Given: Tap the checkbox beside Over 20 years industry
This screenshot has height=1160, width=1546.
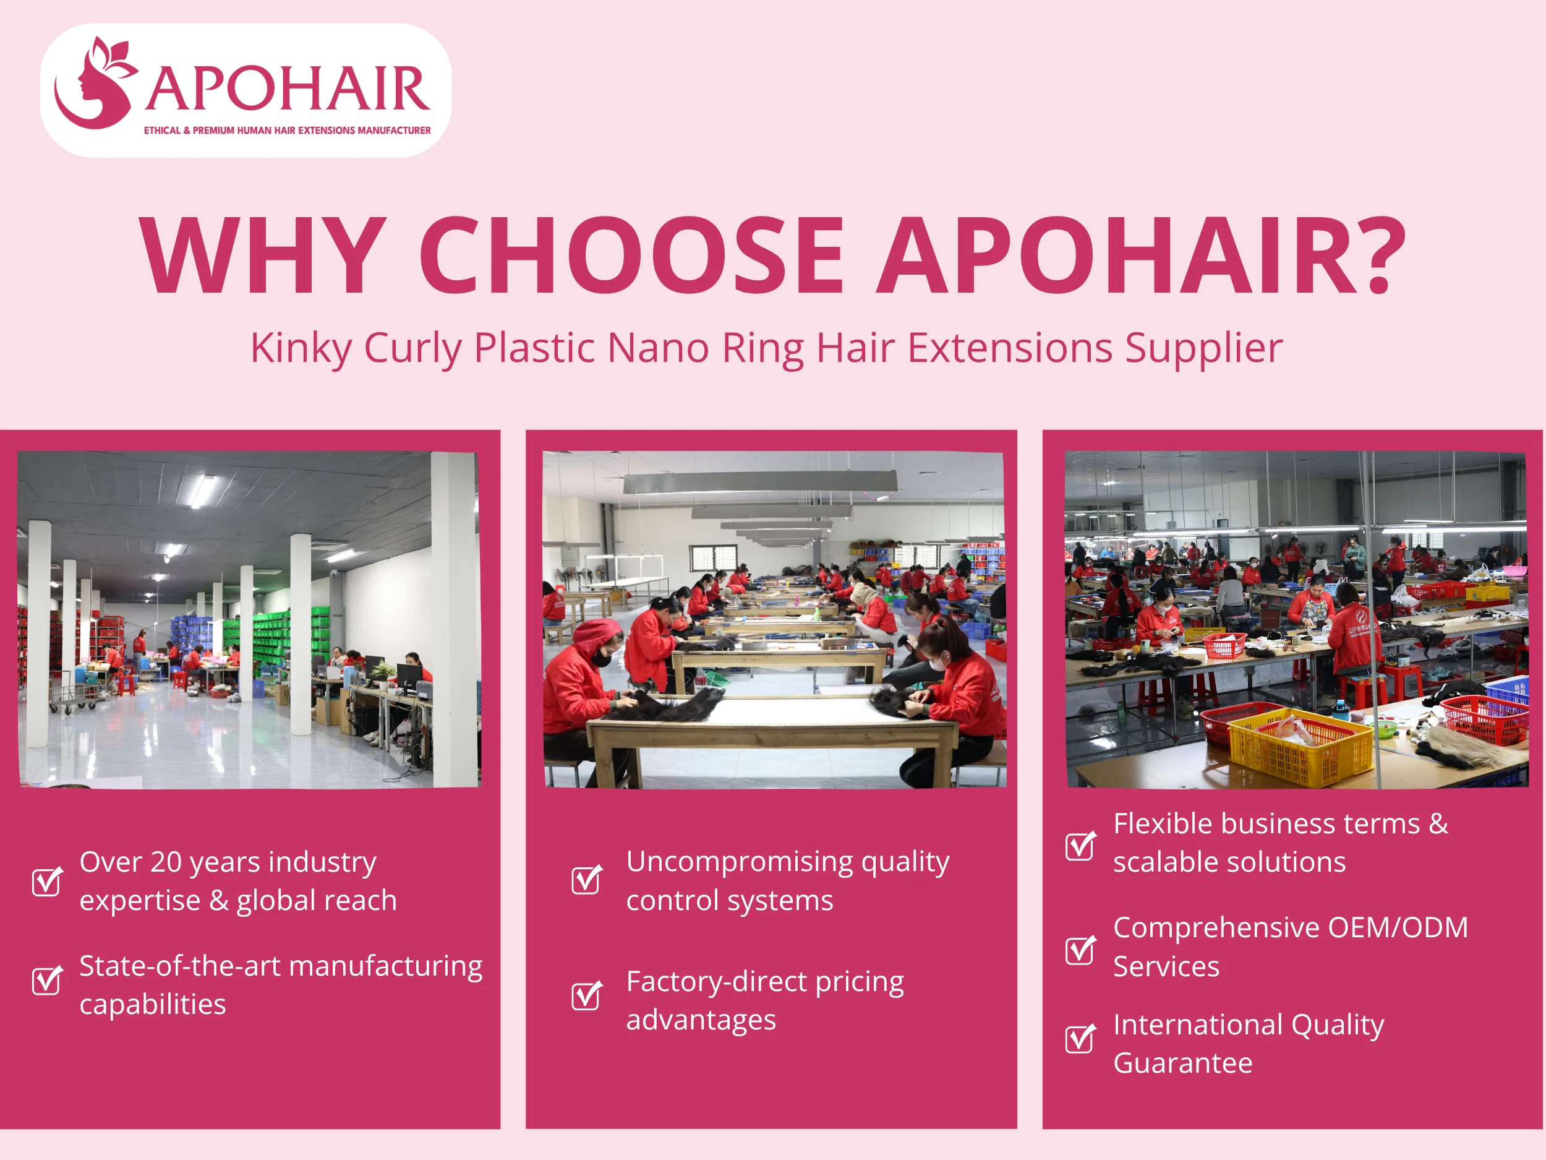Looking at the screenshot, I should pos(47,881).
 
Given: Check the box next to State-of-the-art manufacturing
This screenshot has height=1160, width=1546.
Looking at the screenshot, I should pos(47,981).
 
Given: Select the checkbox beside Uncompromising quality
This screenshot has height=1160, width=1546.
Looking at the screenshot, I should pos(586,880).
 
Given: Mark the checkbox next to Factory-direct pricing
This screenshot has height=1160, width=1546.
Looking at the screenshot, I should pos(586,995).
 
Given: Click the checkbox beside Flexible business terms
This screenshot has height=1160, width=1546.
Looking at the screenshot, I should pos(1080,845).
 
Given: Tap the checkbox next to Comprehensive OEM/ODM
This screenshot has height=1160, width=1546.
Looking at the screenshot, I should pos(1080,949).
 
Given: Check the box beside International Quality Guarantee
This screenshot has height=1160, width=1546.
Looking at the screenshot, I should pos(1080,1038).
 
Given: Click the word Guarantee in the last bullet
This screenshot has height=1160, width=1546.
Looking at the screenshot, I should pos(1182,1063).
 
